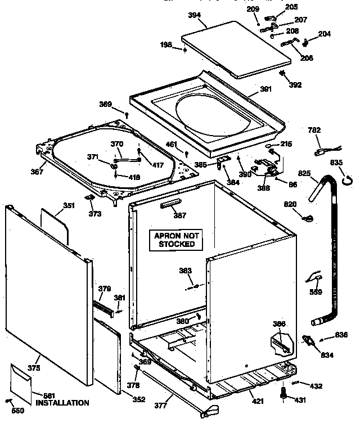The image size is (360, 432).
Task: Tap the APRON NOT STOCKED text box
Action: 177,240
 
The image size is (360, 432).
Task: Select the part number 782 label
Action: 314,130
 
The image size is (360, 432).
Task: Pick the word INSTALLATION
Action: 62,403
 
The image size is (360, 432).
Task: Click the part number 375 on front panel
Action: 34,368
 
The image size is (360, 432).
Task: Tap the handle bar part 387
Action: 172,205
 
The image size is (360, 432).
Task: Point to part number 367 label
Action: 37,172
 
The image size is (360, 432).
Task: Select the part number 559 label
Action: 316,292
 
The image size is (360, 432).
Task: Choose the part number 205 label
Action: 291,7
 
